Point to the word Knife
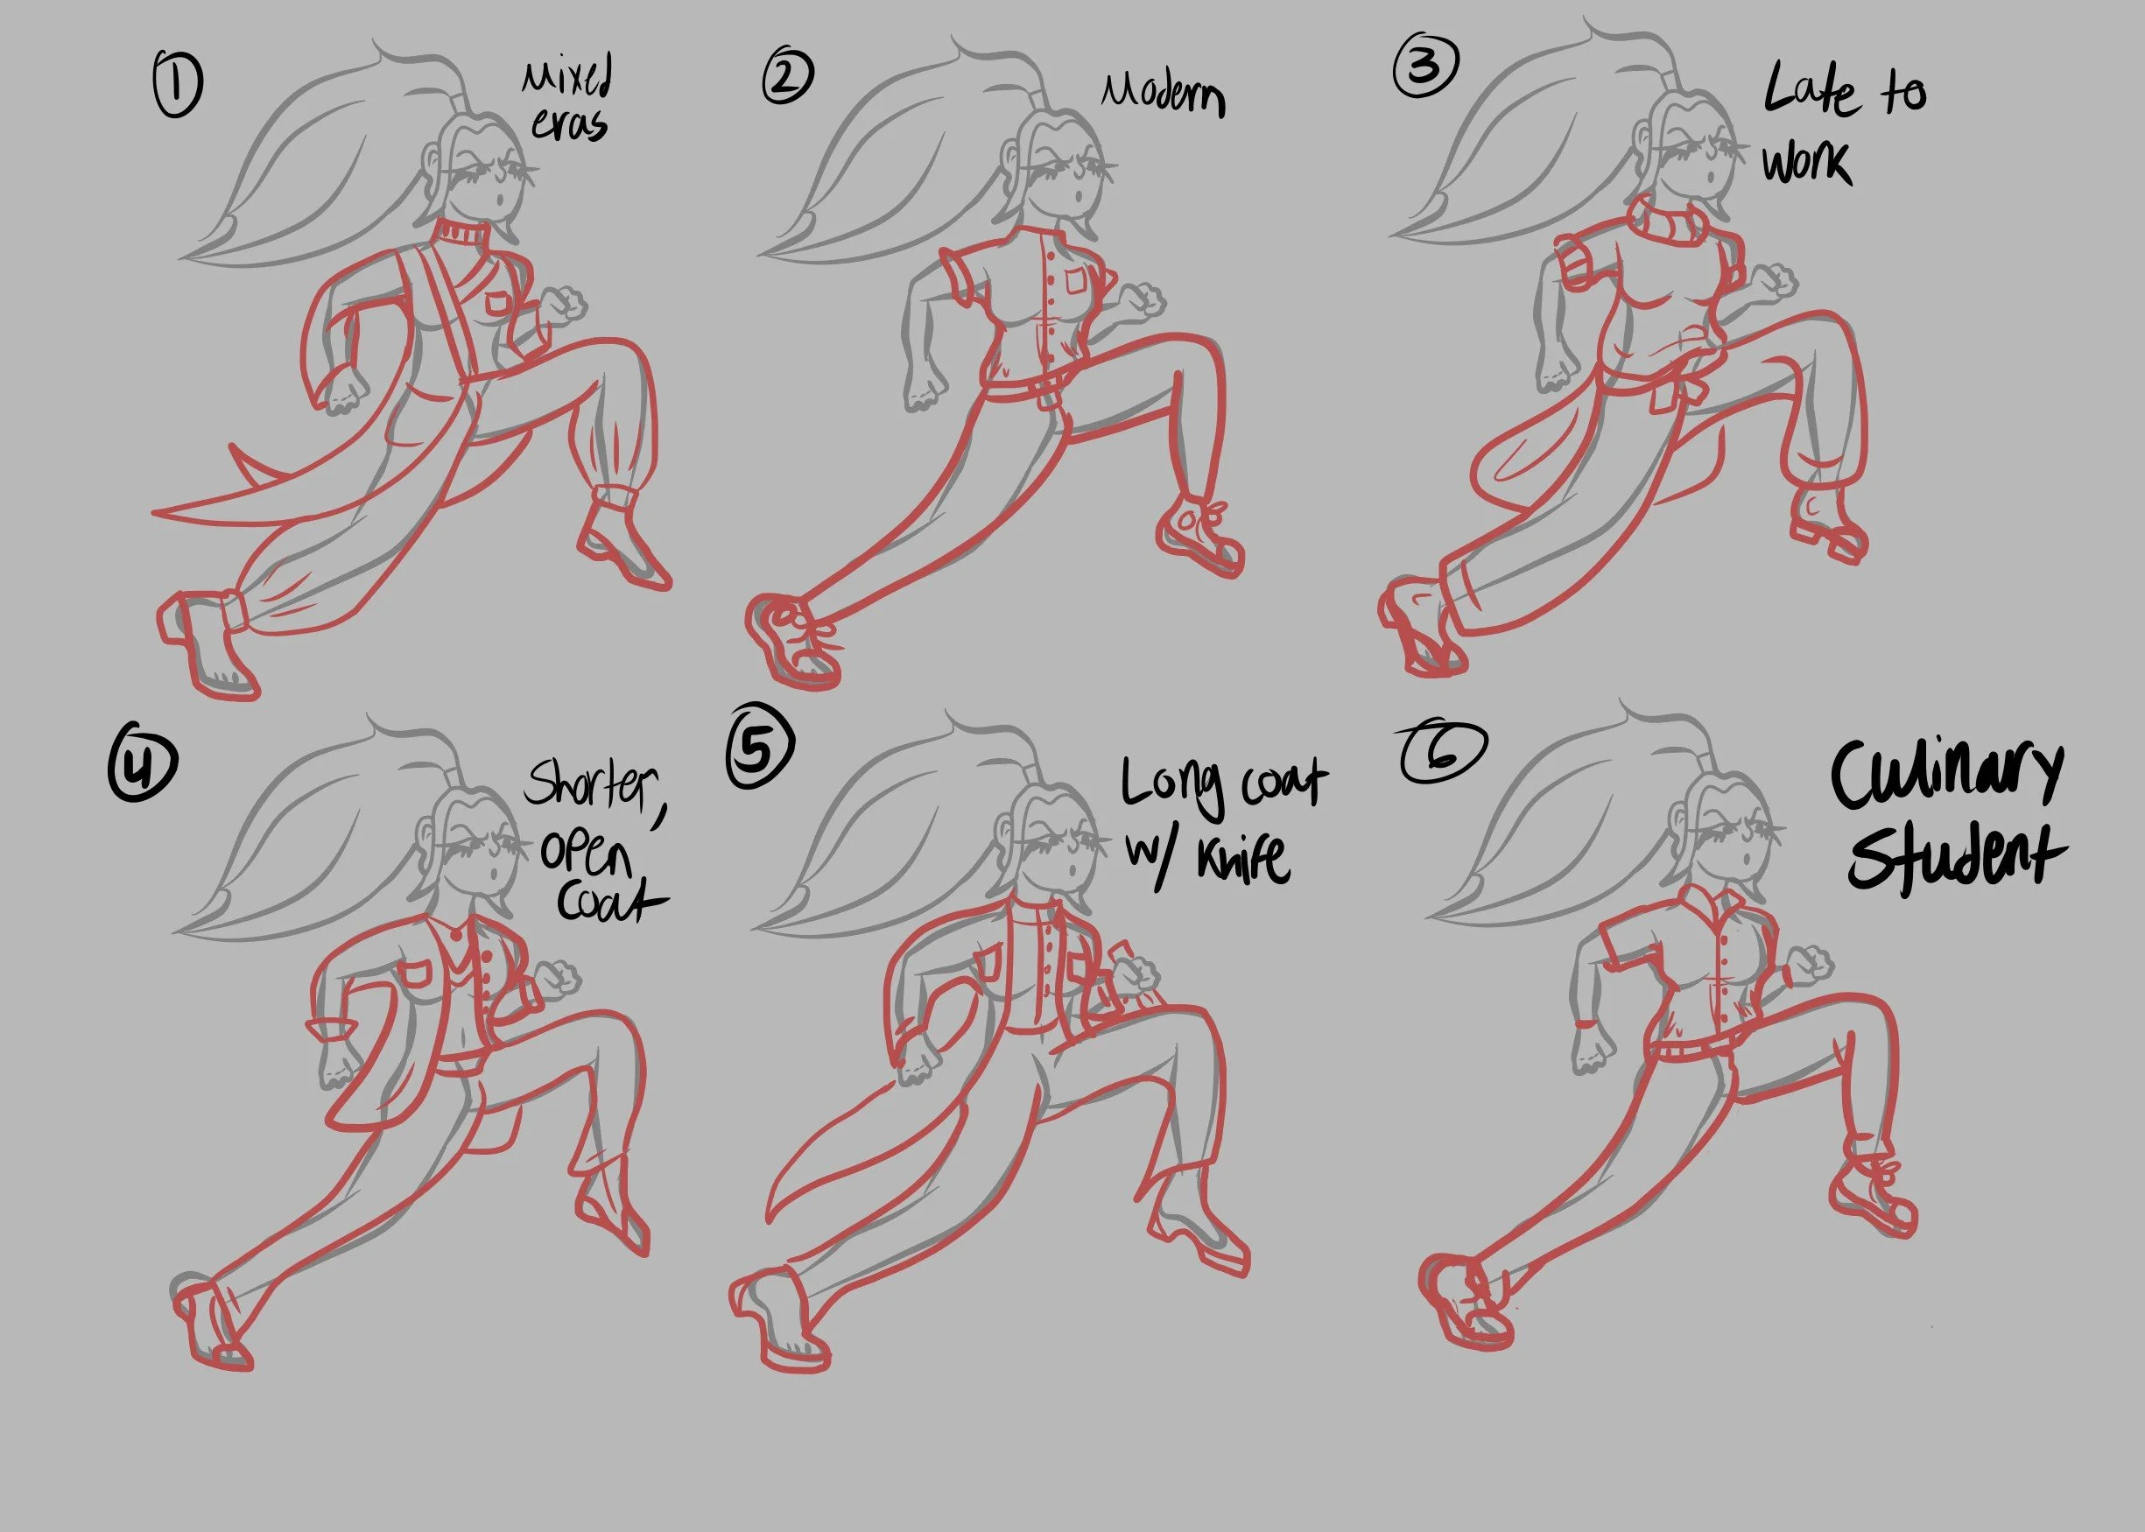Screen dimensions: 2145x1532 point(1241,859)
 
